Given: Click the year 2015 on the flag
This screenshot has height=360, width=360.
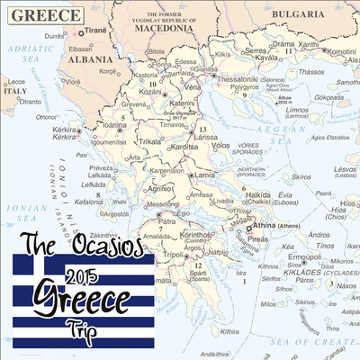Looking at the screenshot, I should pos(82,277).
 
